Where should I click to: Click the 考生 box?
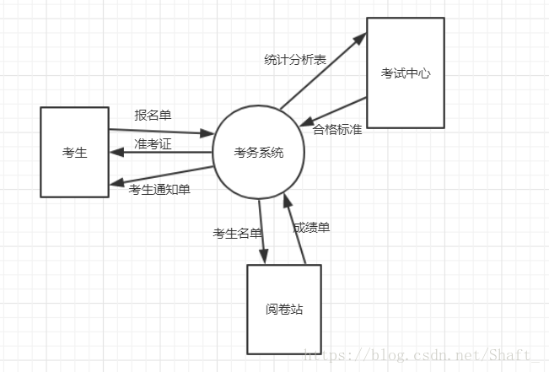point(74,152)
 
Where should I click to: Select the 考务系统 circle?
point(259,153)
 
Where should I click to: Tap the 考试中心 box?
point(405,73)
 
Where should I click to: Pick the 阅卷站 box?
point(283,310)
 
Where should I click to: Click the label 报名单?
point(153,115)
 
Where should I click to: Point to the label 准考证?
point(153,144)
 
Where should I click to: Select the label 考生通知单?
point(159,190)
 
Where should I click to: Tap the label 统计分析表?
point(294,59)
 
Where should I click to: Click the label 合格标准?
point(337,130)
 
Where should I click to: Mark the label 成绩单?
point(311,228)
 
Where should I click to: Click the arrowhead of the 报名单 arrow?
point(207,133)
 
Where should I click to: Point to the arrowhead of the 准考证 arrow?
point(116,153)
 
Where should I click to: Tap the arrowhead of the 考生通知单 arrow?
point(116,186)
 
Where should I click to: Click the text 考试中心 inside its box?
point(405,73)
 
